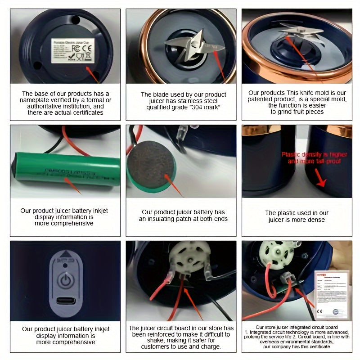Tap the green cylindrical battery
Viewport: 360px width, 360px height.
[65, 169]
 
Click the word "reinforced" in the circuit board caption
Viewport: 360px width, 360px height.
[169, 334]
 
